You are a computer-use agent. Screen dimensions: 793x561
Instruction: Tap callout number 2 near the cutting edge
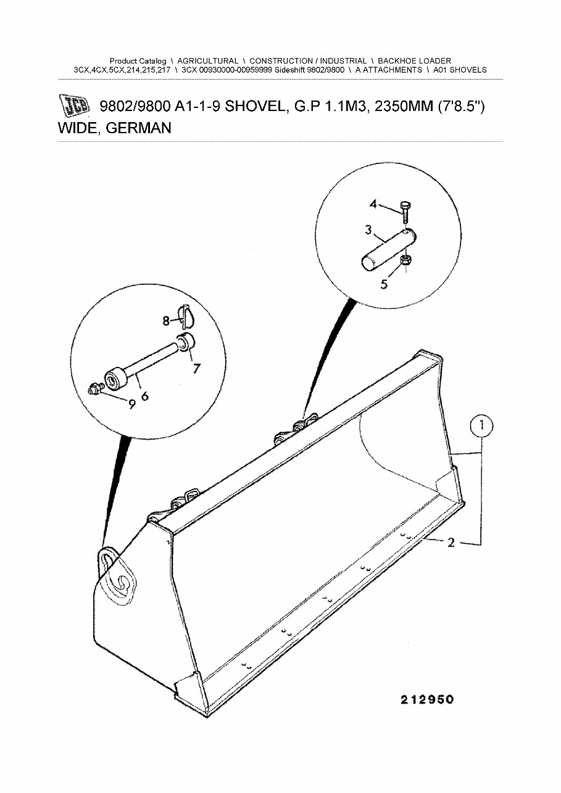tap(451, 543)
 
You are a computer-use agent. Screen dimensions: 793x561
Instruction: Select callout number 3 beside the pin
tap(368, 231)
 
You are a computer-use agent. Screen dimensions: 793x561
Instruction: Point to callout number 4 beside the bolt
tap(373, 204)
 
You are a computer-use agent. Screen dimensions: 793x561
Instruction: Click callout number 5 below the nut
tap(384, 285)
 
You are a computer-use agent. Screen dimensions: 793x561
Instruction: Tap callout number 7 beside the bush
tap(196, 369)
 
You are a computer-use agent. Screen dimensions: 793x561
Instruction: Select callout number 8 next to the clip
tap(166, 321)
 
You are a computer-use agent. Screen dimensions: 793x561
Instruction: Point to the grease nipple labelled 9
tap(95, 390)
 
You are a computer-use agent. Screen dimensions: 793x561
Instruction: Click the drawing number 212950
tap(426, 699)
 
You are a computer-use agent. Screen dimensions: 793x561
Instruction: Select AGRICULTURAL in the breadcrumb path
tap(207, 61)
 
